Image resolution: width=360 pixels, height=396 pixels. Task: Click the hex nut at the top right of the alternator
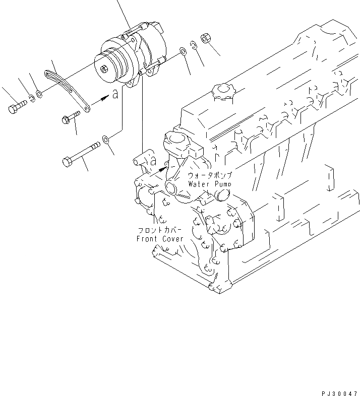tap(206, 38)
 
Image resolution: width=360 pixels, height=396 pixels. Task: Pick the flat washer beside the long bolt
tap(105, 139)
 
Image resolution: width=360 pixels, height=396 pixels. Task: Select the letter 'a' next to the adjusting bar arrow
tap(115, 94)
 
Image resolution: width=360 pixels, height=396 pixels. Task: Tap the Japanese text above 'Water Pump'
tap(210, 176)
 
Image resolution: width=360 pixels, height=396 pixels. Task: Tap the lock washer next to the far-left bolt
tap(31, 98)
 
